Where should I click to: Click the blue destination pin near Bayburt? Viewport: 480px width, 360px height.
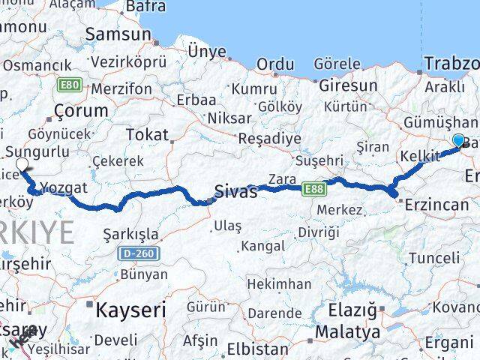pos(459,140)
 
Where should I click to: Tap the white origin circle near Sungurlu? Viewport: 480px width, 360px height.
pos(22,164)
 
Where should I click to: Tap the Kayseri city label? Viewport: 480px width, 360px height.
pos(130,308)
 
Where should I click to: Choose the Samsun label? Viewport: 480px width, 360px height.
pos(118,34)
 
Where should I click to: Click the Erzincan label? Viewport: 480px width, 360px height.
pos(437,204)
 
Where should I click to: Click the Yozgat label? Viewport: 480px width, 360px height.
pos(64,187)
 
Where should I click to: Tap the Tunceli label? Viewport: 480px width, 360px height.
pos(434,258)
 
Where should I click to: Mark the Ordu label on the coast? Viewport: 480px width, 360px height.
pos(275,64)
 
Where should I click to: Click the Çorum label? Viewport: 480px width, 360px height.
pos(81,110)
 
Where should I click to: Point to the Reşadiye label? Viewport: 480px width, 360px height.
pos(269,139)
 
